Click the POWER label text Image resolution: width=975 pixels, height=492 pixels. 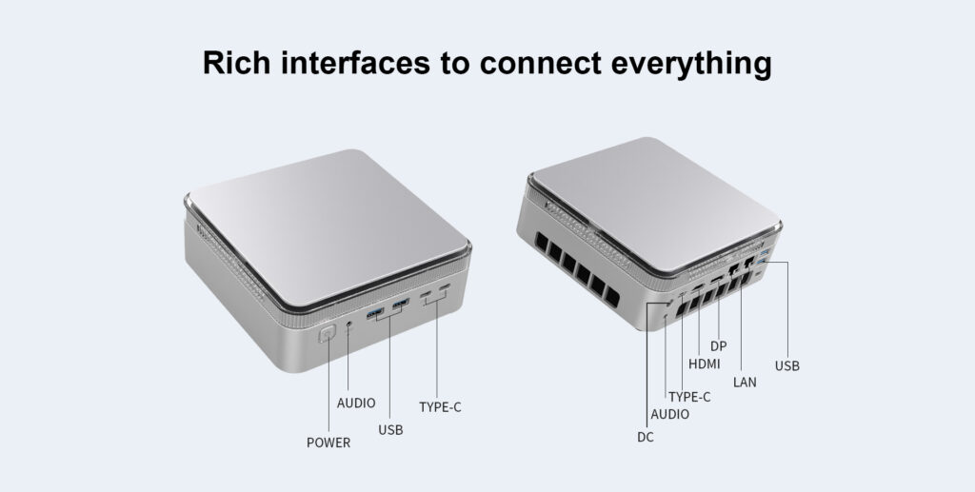coord(328,443)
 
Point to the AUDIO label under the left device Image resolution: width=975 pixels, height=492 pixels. coord(356,403)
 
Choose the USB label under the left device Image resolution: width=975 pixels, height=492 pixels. coord(390,430)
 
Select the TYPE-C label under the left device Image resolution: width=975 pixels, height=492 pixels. coord(440,407)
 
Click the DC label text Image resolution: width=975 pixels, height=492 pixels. coord(646,438)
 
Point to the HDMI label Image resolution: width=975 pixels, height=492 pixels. coord(705,364)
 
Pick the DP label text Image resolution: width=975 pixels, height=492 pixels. coord(719,345)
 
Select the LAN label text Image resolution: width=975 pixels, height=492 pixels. coord(745,383)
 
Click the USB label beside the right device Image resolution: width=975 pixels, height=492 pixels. coord(787,365)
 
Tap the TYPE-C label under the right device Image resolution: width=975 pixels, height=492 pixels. coord(689,397)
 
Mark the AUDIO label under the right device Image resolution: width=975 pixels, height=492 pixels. coord(670,414)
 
